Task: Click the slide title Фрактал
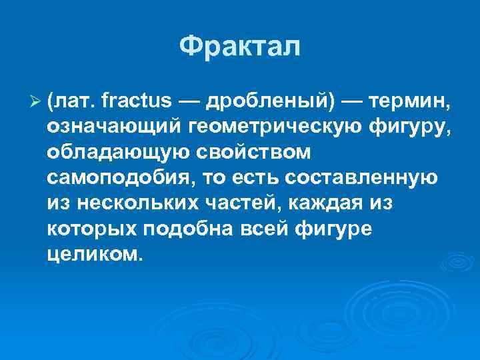pos(240,47)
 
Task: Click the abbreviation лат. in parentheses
pos(73,101)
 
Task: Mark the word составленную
pos(371,179)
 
